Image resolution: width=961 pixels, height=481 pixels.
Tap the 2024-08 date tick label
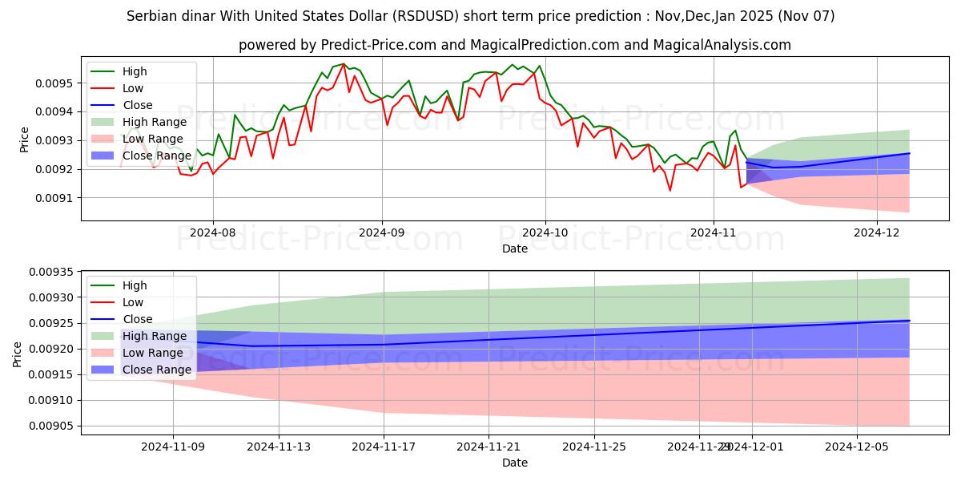(x=212, y=232)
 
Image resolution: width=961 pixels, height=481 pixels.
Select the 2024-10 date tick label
(x=545, y=232)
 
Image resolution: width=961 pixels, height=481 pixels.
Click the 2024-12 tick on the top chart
(x=877, y=232)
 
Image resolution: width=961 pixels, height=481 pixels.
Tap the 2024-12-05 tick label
(x=857, y=447)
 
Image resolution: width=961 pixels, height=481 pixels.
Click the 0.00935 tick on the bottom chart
(x=50, y=273)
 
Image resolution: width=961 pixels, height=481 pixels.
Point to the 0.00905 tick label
(x=50, y=426)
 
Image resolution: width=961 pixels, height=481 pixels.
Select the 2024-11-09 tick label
(x=173, y=447)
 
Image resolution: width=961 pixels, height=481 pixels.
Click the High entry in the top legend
(x=135, y=71)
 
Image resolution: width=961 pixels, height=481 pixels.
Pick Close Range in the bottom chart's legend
(x=157, y=370)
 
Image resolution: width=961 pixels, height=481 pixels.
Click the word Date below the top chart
(x=514, y=249)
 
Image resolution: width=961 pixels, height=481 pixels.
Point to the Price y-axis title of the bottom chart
(x=17, y=353)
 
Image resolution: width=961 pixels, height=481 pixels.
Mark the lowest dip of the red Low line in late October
(x=669, y=190)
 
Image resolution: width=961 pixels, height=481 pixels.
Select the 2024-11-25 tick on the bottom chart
(x=594, y=447)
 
